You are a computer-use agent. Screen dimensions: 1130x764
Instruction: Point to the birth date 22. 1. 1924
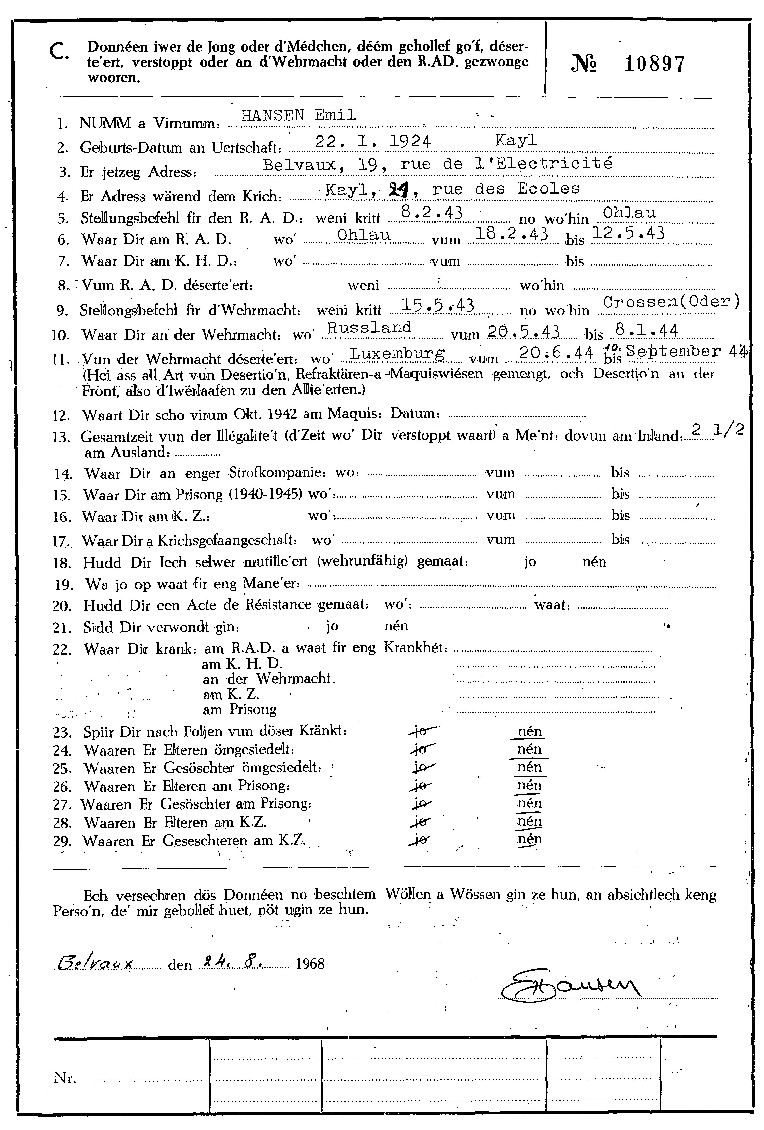tap(373, 141)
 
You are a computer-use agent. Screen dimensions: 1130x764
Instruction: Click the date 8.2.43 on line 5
tap(431, 213)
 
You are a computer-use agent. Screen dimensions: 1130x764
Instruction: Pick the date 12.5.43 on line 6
tap(628, 233)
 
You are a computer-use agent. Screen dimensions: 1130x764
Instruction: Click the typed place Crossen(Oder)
tap(671, 302)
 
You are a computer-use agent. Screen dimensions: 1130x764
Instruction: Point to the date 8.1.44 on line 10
tap(646, 331)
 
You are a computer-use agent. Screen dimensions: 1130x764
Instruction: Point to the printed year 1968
tap(310, 964)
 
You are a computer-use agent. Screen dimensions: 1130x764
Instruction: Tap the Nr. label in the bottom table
tap(65, 1078)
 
